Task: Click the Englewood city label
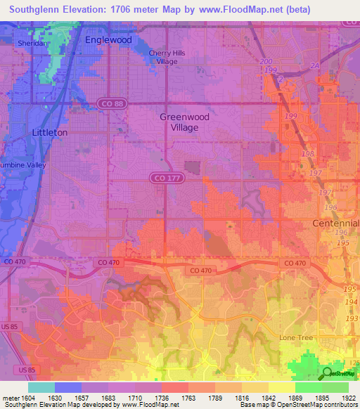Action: [x=108, y=40]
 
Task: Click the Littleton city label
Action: [x=50, y=132]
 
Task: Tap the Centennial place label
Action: [x=335, y=223]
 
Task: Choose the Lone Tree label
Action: [x=296, y=338]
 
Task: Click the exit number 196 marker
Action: [x=341, y=233]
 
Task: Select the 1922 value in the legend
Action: [x=348, y=398]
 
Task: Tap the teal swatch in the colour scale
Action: [x=41, y=387]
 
